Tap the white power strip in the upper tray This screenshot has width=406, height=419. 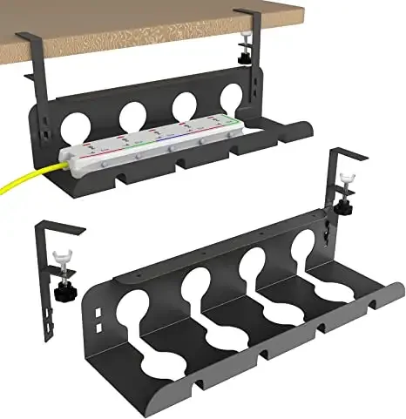[148, 145]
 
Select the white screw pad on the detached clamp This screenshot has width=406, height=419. [60, 260]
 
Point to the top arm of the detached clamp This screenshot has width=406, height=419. [61, 229]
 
